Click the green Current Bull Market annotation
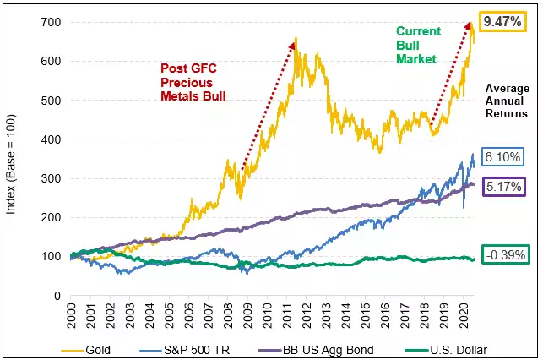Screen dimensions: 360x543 coord(418,46)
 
